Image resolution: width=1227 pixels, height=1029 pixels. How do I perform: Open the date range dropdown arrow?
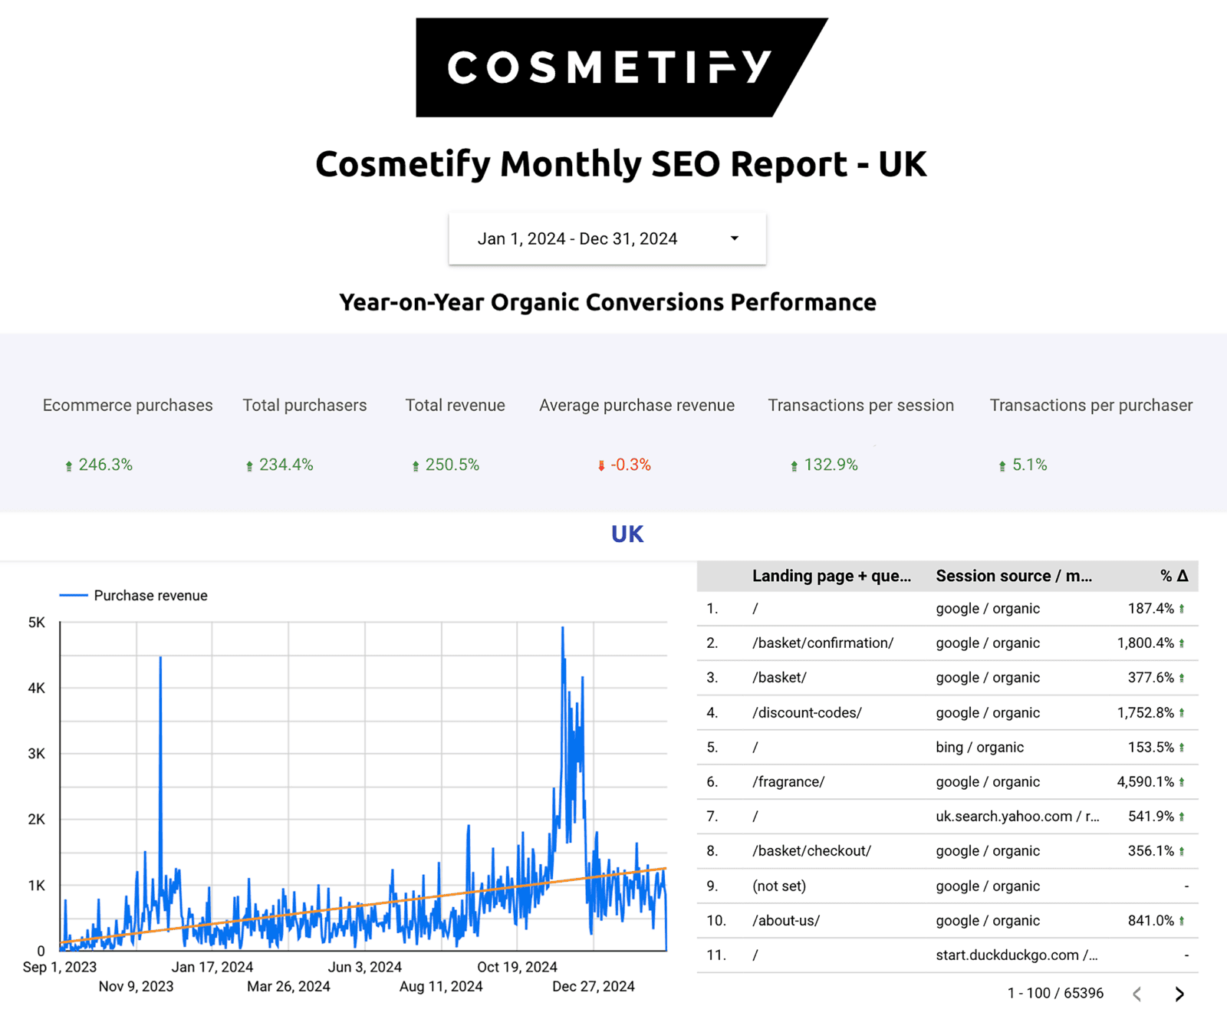click(x=734, y=238)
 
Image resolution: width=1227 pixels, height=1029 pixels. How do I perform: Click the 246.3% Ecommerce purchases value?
click(x=105, y=465)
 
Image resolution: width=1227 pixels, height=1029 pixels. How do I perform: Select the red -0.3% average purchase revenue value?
click(x=630, y=465)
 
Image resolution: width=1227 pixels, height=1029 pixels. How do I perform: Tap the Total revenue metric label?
click(x=455, y=405)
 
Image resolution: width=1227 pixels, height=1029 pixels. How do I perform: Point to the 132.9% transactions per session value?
click(x=830, y=465)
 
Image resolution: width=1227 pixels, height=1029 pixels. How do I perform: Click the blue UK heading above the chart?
click(x=627, y=534)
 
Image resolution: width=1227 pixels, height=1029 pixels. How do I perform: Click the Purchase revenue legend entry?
click(x=150, y=596)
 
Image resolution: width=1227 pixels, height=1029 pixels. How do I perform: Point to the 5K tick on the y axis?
click(x=36, y=623)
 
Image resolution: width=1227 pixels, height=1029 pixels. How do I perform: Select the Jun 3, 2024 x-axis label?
click(x=364, y=967)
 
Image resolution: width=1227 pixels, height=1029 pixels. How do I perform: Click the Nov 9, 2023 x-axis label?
click(x=136, y=986)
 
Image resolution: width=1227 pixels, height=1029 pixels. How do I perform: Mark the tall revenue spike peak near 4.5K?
click(x=160, y=658)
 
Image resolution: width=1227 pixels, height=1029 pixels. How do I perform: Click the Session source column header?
click(x=1013, y=576)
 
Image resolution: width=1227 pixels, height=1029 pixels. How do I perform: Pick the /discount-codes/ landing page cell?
click(x=807, y=712)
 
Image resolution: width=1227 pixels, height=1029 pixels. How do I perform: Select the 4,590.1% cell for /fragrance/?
click(x=1145, y=781)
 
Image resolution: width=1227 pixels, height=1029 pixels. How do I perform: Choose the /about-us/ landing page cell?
click(x=786, y=920)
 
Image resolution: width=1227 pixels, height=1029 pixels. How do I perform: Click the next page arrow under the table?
click(x=1179, y=994)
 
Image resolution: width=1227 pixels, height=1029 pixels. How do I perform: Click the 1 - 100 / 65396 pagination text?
click(x=1055, y=994)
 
